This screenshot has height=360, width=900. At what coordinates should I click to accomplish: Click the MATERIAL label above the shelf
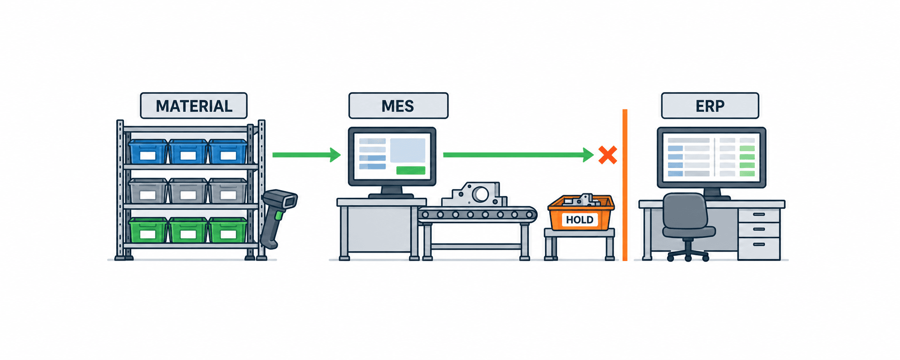pos(194,106)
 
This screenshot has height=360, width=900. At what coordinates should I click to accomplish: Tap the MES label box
pos(398,106)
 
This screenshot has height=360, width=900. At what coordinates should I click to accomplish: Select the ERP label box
pos(710,106)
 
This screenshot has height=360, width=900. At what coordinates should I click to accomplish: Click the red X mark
pos(608,155)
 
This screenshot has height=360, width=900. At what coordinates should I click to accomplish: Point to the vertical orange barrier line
pos(625,185)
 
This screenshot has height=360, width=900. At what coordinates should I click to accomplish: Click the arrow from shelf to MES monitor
pos(306,155)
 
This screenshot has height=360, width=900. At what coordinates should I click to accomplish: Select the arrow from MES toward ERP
pos(518,155)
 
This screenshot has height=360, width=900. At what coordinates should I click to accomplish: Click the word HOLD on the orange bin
pos(580,220)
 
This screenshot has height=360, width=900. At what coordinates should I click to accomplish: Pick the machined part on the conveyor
pos(475,195)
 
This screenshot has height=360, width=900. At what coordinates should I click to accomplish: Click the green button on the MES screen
pos(411,170)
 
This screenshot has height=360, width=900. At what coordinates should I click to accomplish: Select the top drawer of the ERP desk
pos(759,215)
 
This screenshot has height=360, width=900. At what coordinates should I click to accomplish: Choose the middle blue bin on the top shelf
pos(188,152)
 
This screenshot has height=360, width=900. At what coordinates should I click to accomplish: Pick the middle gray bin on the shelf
pos(188,191)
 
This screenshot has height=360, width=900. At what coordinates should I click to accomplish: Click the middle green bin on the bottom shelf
pos(188,230)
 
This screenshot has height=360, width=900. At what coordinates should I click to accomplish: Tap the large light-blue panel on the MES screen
pos(408,150)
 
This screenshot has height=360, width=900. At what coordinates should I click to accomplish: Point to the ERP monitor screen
pos(711,157)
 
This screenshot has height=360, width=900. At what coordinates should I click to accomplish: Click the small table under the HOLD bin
pos(580,244)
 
